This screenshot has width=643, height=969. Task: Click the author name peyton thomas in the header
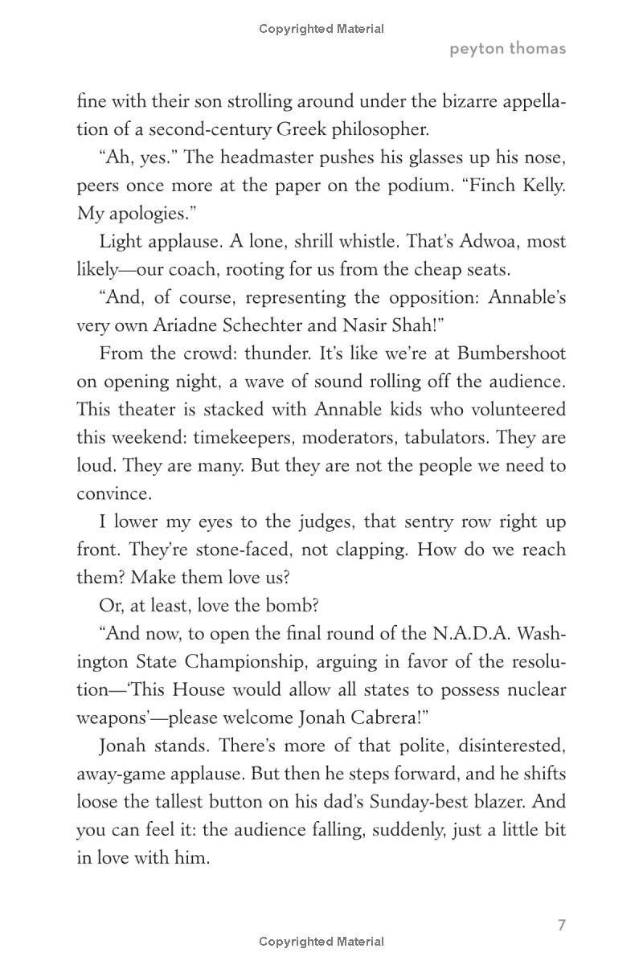[x=507, y=48]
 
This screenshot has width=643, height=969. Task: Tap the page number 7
[x=562, y=925]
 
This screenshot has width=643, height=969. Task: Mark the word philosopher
[x=382, y=129]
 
